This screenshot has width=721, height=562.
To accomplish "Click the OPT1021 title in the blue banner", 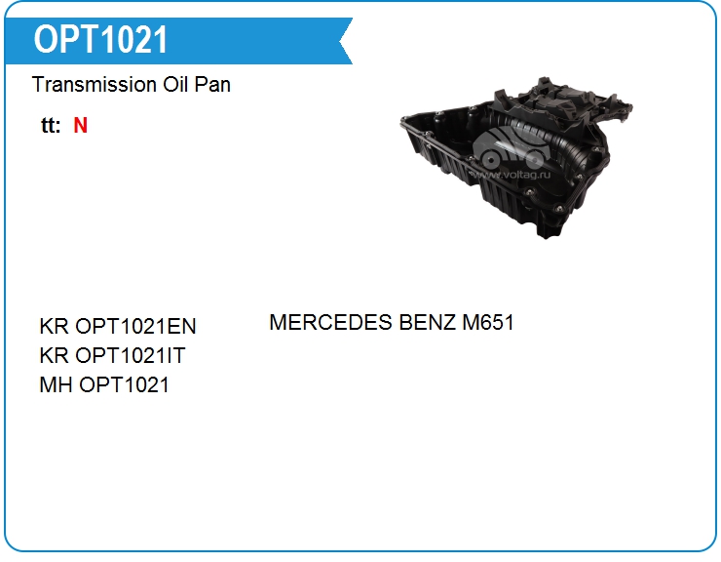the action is (x=100, y=40).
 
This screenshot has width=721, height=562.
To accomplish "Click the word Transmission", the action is (x=95, y=84).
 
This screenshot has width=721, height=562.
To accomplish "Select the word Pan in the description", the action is (x=212, y=84).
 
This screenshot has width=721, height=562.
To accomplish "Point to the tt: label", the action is (x=51, y=125).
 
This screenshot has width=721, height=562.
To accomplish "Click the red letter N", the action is (x=80, y=125).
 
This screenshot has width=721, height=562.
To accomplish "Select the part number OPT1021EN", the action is (x=135, y=326).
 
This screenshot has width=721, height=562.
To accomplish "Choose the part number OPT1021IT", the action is (x=131, y=355).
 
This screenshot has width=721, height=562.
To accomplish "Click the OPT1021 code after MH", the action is (x=124, y=385).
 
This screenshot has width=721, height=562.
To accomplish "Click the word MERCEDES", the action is (x=330, y=322).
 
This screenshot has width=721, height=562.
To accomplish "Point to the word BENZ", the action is (x=428, y=322).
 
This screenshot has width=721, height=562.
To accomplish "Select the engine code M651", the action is (x=488, y=322).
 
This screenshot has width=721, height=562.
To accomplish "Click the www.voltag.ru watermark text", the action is (x=512, y=175).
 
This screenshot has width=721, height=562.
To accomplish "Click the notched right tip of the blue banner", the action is (x=340, y=41).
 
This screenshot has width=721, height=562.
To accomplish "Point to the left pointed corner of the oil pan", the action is (x=401, y=119).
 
